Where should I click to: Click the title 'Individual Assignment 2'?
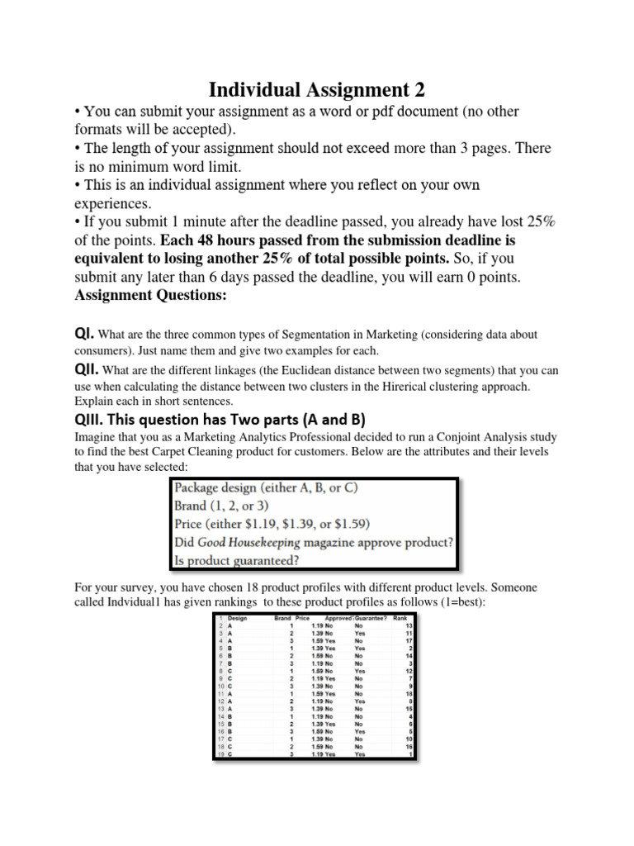point(317,88)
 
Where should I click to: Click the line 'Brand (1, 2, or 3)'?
point(221,505)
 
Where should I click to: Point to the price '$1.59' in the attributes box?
point(350,523)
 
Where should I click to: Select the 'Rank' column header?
point(400,618)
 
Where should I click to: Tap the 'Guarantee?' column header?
point(371,618)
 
